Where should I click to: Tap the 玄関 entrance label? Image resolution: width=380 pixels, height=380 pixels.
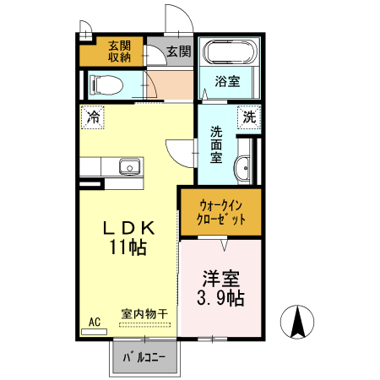[178, 52]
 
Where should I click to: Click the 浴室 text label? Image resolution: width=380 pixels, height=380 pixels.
[228, 83]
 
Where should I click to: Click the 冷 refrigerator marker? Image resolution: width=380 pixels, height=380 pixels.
[93, 116]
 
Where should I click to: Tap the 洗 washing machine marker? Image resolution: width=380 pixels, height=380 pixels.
[250, 116]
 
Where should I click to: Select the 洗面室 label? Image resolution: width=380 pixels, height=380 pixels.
[216, 144]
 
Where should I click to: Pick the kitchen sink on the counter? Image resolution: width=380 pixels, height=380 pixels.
[128, 166]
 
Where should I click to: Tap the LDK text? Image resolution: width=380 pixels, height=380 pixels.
[128, 228]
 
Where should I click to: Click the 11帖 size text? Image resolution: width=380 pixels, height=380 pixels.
[128, 248]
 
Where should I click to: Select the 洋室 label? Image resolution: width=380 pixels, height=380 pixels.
[221, 278]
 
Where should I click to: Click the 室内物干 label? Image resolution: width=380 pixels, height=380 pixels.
[144, 313]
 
